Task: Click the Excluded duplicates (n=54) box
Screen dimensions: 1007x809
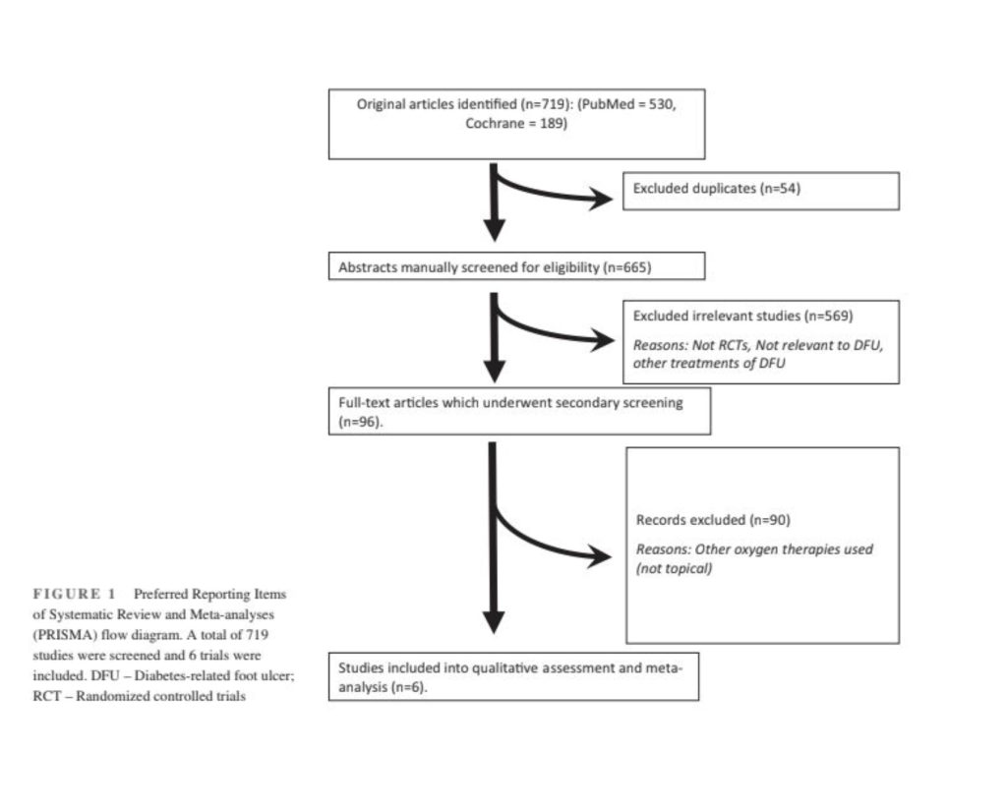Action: (761, 191)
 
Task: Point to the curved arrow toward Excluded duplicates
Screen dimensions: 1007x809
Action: (553, 193)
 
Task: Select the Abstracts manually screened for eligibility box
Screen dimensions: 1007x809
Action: (516, 266)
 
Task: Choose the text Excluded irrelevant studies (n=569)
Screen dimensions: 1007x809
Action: (743, 316)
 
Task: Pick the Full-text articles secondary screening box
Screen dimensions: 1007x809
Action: (519, 411)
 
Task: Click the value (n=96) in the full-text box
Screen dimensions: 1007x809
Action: (360, 422)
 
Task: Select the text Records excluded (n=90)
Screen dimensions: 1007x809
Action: (713, 520)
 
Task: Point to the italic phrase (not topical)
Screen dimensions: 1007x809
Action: (674, 568)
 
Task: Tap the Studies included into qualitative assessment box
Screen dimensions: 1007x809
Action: (513, 676)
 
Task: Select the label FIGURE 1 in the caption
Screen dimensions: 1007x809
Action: (75, 594)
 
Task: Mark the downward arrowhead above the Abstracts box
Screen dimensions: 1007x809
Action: (494, 230)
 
